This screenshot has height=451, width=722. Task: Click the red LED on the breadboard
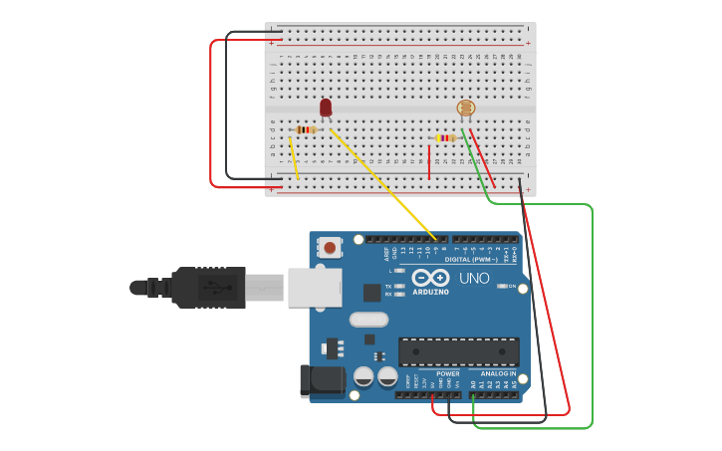[x=326, y=107]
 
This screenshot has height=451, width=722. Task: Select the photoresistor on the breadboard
[x=465, y=109]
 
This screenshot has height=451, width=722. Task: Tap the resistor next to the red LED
[x=307, y=129]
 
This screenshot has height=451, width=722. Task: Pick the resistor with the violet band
[x=446, y=138]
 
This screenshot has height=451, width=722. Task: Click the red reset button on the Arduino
[x=330, y=247]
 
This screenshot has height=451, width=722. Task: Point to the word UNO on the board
[x=474, y=278]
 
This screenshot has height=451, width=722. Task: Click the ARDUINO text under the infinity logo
[x=431, y=292]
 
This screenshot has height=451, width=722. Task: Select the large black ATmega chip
[x=458, y=351]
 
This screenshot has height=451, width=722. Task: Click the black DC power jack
[x=322, y=380]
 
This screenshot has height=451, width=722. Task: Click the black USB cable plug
[x=208, y=287]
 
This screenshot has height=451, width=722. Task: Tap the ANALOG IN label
[x=499, y=373]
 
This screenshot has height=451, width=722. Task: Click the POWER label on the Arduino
[x=448, y=373]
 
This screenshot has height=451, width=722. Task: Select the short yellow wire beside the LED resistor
[x=294, y=158]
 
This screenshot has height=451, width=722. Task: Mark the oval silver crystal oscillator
[x=368, y=320]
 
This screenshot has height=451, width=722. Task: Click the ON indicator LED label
[x=512, y=287]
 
